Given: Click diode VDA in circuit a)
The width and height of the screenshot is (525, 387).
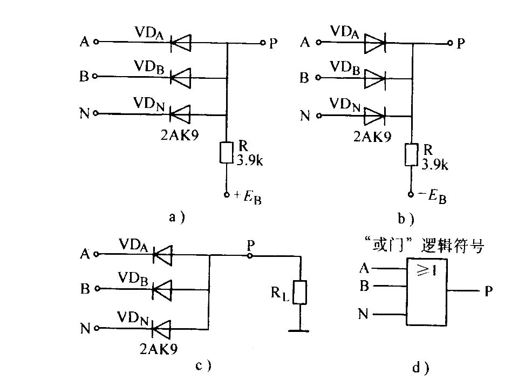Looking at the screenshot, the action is point(180,43).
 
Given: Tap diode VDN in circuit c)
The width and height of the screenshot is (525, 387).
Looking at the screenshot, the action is point(161,329).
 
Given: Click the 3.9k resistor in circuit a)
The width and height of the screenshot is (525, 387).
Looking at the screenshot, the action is point(226,153).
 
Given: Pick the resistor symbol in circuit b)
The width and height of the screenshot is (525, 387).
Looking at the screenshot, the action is point(412,155).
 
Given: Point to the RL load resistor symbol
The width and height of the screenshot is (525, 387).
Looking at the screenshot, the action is point(299,292).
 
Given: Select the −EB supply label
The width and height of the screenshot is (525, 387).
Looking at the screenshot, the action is point(432,196).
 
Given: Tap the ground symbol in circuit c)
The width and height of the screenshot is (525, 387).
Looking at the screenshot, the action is point(299,331).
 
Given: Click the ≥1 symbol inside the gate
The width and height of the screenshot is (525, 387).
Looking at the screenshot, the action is point(427,269).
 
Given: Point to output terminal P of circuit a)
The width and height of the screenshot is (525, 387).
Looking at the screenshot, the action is point(263,43).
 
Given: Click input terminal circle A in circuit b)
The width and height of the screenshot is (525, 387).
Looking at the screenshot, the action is point(319,43).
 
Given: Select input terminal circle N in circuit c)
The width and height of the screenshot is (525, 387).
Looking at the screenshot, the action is point(97,328).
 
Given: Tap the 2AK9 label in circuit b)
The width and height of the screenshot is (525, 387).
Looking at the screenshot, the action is point(372,137).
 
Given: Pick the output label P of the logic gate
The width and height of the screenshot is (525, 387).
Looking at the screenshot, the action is point(488,291).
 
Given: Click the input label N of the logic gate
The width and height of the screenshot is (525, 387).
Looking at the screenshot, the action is point(363,314).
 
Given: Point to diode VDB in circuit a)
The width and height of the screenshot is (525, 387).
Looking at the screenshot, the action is point(180,78).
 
